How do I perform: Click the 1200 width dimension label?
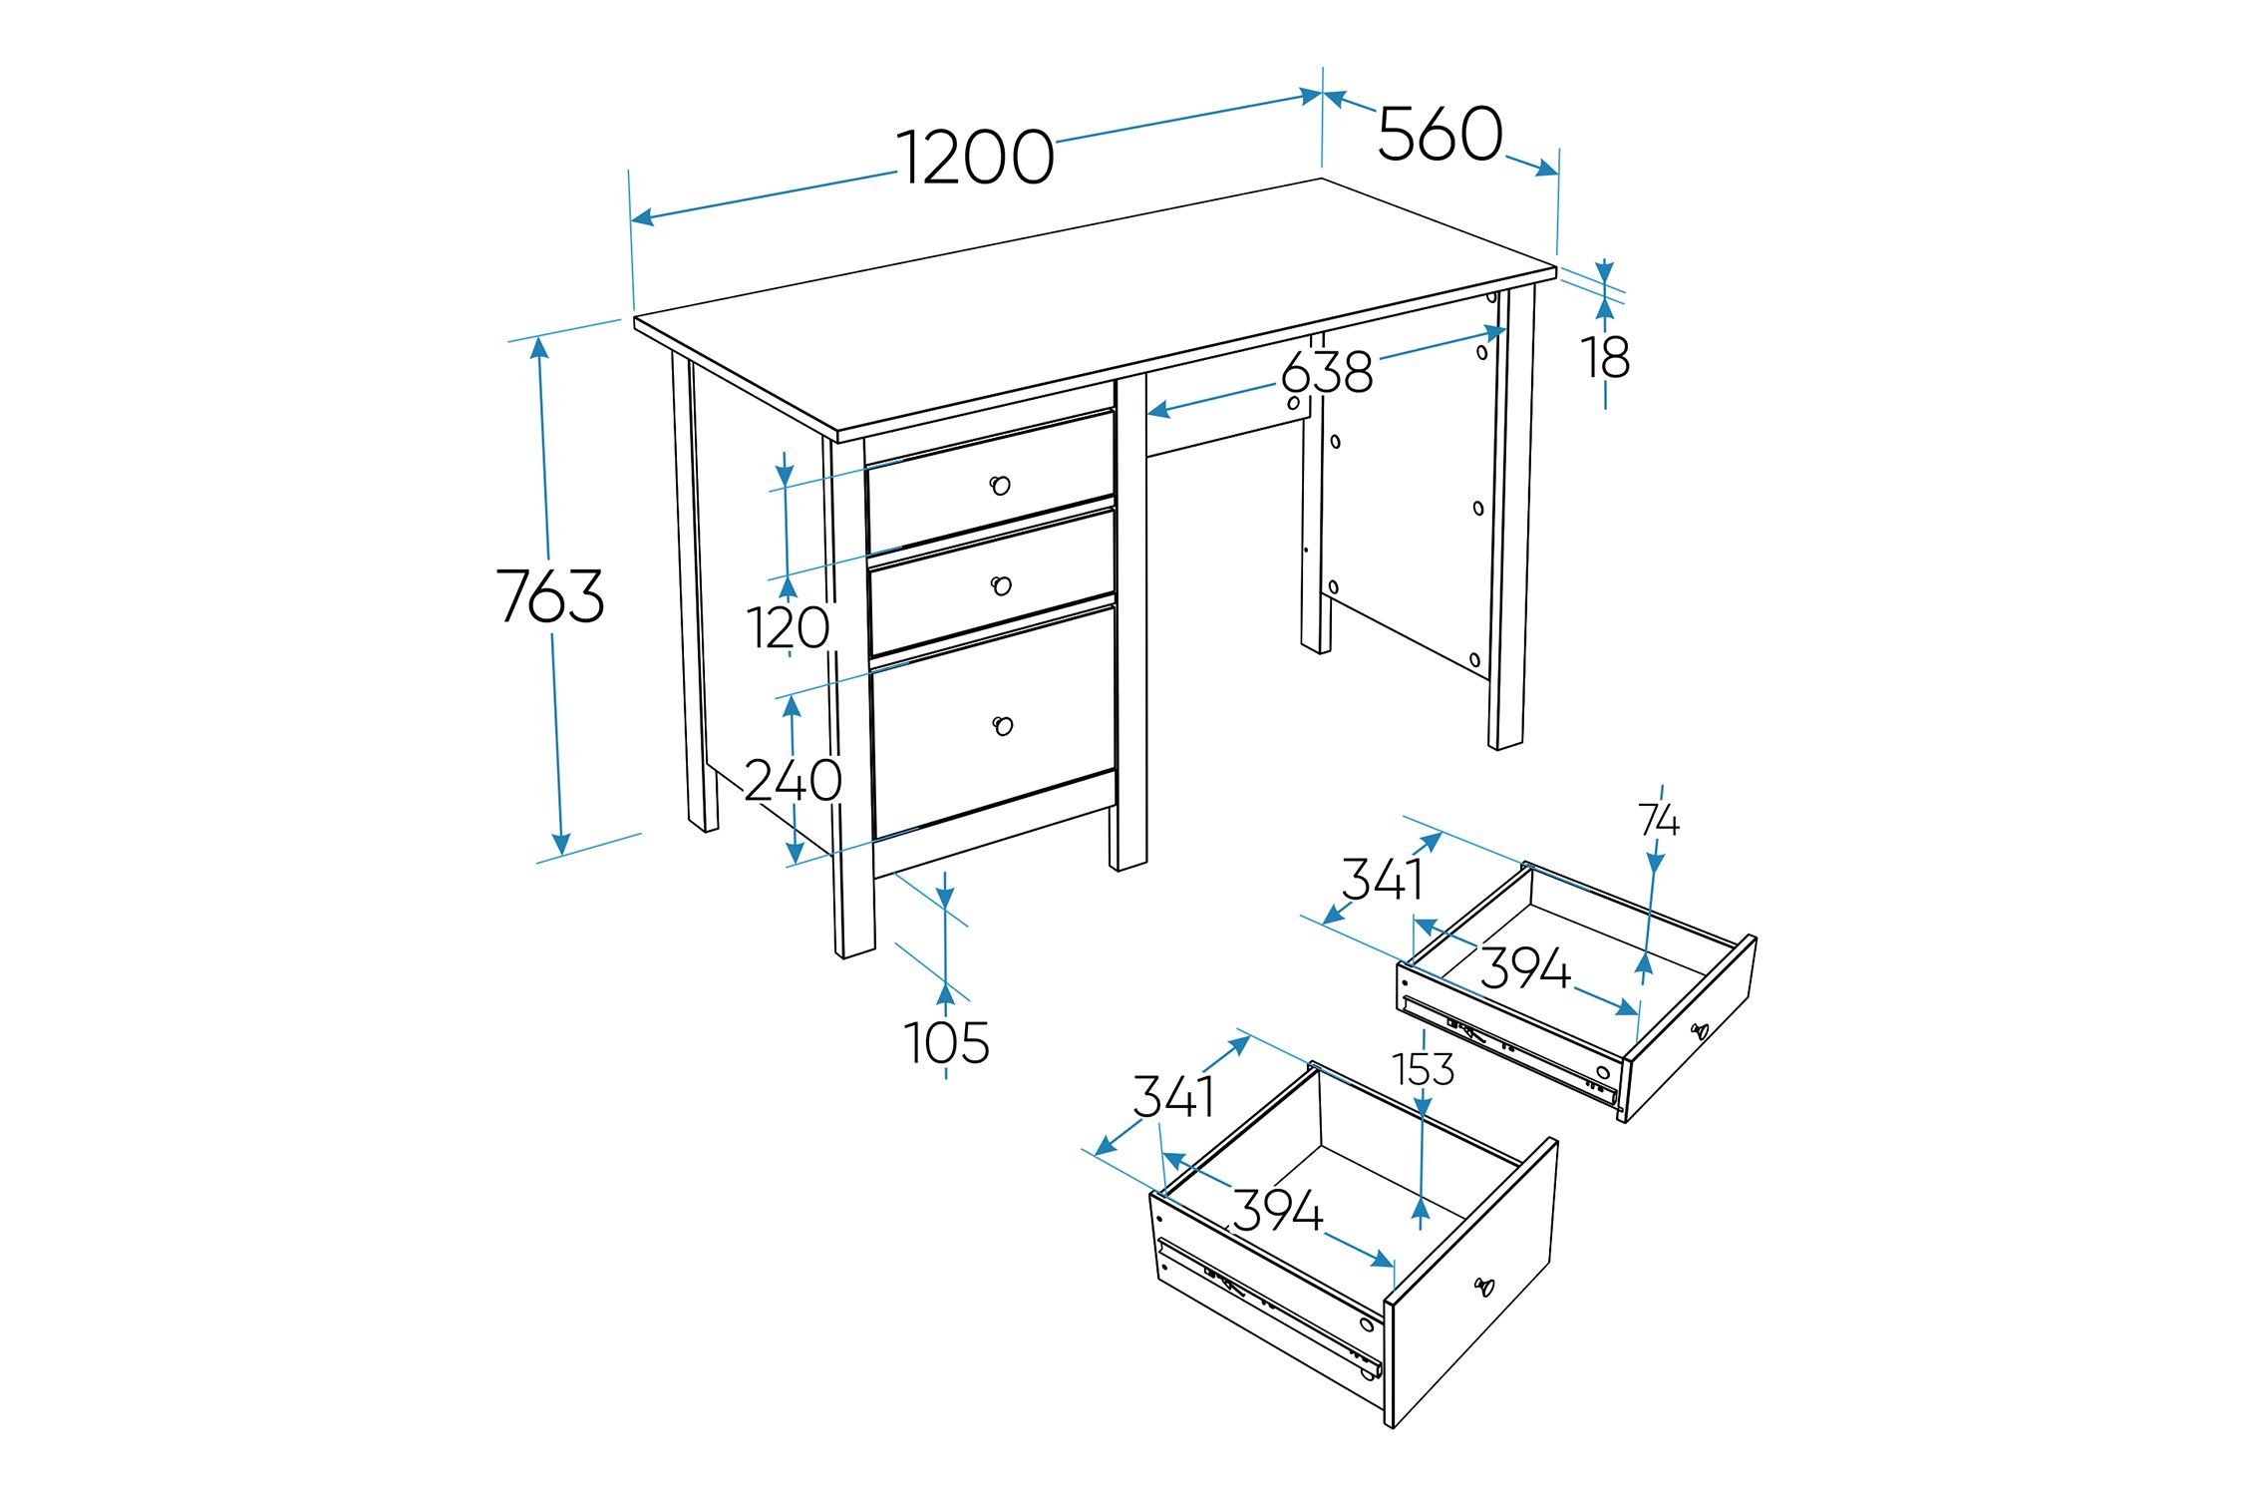click(x=975, y=158)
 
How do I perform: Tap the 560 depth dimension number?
click(x=1440, y=133)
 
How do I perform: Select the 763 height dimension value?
click(x=550, y=595)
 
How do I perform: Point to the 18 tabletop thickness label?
click(x=1605, y=357)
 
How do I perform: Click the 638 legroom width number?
click(x=1326, y=372)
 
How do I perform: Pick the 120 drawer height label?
click(x=789, y=628)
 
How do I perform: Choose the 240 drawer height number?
click(x=793, y=780)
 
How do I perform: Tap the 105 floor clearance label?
click(x=946, y=1043)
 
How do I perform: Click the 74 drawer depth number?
click(x=1659, y=821)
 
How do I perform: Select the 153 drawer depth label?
click(x=1424, y=1070)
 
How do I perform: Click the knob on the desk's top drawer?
click(x=1000, y=486)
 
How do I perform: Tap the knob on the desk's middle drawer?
click(x=1001, y=585)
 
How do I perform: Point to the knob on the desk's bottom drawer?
click(x=1003, y=726)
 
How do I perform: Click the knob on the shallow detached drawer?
click(x=1700, y=1031)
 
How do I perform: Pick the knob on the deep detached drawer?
click(x=1484, y=1287)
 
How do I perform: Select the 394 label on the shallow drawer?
click(x=1524, y=968)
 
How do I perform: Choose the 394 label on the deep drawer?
click(x=1277, y=1210)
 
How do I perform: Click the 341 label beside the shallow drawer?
click(x=1382, y=880)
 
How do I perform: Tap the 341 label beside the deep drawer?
click(x=1173, y=1097)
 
